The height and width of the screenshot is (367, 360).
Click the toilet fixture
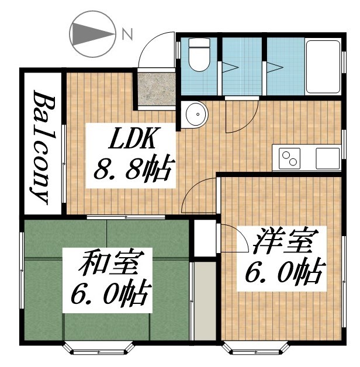click(199, 54)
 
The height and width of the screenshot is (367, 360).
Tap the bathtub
click(323, 67)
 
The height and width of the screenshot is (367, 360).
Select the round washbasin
click(196, 115)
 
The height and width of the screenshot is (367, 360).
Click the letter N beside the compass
click(128, 34)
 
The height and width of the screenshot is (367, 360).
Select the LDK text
click(132, 138)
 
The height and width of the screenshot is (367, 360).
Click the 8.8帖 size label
click(134, 168)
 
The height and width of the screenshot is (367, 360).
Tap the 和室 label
click(108, 263)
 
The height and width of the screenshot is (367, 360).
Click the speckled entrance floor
click(157, 89)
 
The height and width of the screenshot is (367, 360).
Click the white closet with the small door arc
click(205, 238)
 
